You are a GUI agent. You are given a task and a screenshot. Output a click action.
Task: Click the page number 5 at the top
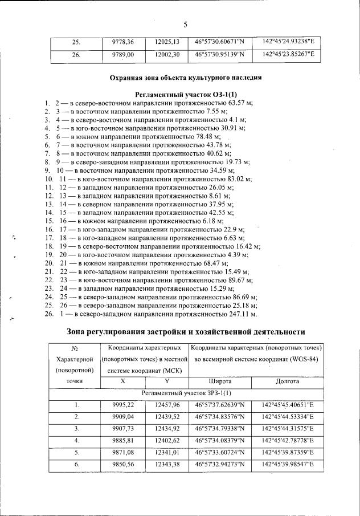coord(185,23)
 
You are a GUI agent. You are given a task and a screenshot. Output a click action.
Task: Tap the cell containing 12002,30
coord(167,55)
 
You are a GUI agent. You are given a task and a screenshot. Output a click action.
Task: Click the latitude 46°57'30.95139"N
coord(219,55)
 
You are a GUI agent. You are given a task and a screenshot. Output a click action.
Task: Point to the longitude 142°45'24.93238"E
coord(288,42)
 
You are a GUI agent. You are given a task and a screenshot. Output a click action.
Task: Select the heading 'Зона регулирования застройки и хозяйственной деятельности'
coord(186,331)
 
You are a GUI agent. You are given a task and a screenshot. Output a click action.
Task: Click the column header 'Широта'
coord(219,380)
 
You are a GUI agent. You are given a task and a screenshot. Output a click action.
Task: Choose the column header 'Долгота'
coord(288,380)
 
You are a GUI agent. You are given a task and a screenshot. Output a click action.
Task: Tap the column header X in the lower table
coord(122,380)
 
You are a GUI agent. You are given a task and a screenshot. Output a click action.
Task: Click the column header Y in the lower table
coord(167,380)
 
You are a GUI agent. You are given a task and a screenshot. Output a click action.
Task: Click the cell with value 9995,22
coord(122,405)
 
